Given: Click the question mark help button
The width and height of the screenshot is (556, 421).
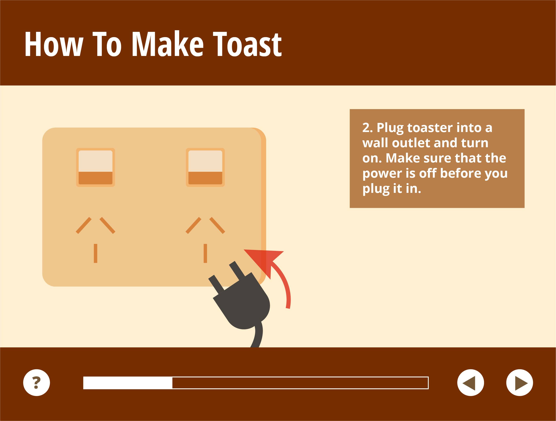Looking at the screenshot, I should click(x=36, y=382).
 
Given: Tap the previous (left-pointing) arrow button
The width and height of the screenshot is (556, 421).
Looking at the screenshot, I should click(x=470, y=382).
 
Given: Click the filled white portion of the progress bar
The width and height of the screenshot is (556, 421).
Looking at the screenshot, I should click(x=128, y=383).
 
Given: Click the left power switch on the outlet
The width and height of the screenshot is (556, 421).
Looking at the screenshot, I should click(x=95, y=167).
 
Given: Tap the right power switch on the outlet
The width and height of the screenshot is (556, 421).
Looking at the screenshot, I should click(x=205, y=167).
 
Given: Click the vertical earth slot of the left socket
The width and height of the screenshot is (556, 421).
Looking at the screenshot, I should click(x=95, y=253).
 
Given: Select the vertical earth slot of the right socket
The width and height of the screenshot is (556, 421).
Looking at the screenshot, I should click(x=205, y=253).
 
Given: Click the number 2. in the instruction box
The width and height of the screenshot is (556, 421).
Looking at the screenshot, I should click(x=367, y=128).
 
